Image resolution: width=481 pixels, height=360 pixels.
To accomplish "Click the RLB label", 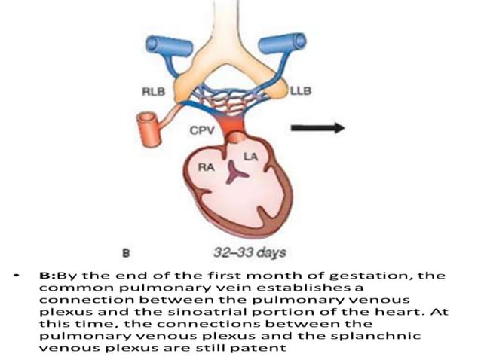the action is [153, 91].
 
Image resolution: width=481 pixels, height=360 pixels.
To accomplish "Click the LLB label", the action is [301, 90].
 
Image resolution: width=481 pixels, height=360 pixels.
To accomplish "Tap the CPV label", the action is [202, 130].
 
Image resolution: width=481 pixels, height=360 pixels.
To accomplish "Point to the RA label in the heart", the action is [207, 167].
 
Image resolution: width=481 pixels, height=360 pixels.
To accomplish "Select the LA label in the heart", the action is [250, 157].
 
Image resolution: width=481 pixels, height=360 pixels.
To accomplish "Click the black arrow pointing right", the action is [318, 127].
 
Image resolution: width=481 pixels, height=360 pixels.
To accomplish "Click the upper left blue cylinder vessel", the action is [169, 46].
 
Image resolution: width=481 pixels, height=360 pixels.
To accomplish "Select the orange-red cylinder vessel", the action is [149, 130].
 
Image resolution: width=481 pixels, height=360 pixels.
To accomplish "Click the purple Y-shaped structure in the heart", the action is [235, 174].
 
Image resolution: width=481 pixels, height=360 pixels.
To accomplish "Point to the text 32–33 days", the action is [250, 252].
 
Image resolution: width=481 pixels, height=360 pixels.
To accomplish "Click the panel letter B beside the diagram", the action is [126, 253].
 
